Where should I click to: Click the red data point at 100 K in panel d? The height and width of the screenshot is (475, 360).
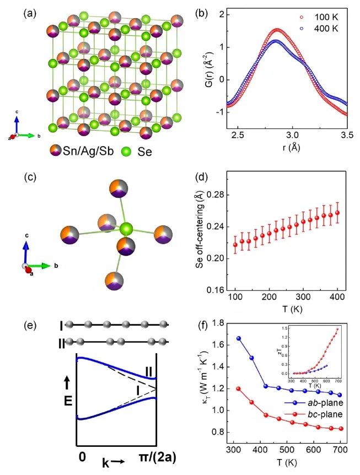235,245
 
